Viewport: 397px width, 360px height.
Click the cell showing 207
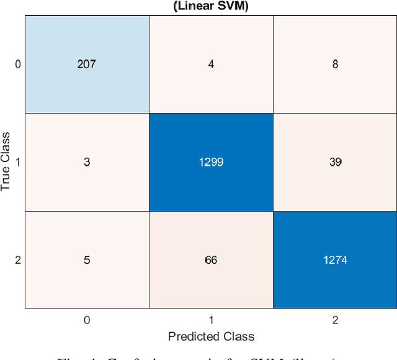tap(87, 64)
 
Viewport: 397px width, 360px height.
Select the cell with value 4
tap(211, 64)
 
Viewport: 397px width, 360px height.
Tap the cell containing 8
tap(335, 64)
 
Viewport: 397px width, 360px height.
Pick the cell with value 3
tap(87, 162)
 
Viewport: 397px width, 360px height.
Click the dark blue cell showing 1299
tap(211, 162)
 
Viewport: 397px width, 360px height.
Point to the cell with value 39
tap(335, 162)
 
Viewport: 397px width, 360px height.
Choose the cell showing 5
tap(87, 259)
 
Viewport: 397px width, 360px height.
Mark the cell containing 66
tap(211, 259)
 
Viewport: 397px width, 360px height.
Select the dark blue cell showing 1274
tap(335, 259)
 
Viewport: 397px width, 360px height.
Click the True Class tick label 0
tap(17, 64)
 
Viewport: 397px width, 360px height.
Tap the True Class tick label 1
tap(17, 162)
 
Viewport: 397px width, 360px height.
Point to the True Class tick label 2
tap(17, 260)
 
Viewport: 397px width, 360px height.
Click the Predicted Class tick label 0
tap(87, 320)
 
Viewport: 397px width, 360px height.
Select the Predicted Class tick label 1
tap(211, 320)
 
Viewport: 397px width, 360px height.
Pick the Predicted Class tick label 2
tap(335, 320)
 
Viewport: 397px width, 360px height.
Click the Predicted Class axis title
tap(211, 336)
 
